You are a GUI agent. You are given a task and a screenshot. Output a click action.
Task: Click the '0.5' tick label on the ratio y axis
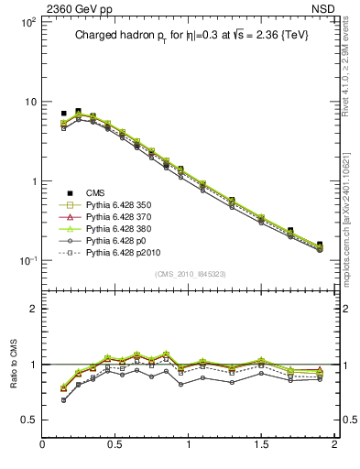[27, 420]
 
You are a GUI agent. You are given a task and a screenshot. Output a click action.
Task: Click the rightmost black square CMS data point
[320, 245]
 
